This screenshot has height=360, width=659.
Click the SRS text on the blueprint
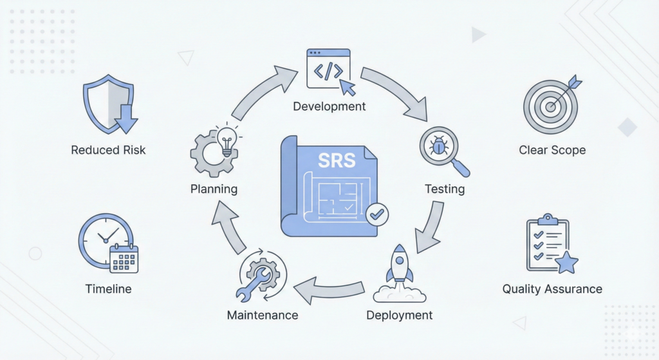click(x=337, y=159)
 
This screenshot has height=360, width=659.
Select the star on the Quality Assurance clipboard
click(x=566, y=263)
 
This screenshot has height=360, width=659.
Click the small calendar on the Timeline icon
click(x=124, y=258)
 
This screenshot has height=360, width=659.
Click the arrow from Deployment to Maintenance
click(x=323, y=290)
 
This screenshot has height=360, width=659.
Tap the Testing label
click(x=445, y=189)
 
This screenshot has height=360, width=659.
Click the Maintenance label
click(x=263, y=316)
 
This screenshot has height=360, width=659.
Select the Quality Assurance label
click(x=552, y=289)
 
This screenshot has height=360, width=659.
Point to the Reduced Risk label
click(x=108, y=150)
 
